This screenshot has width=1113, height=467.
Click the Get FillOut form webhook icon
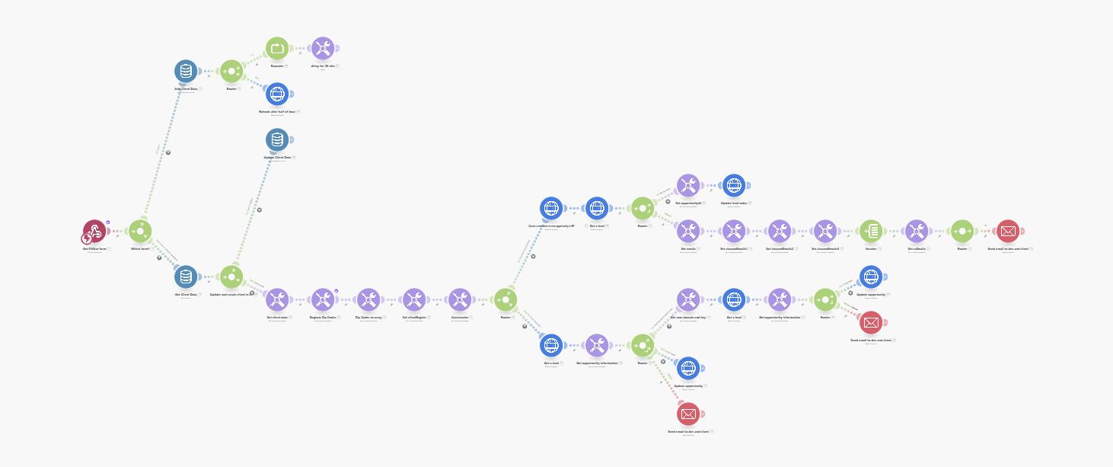(94, 231)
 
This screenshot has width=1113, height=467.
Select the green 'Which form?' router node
(140, 231)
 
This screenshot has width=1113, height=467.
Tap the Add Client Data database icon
(186, 71)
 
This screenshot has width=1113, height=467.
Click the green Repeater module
(277, 48)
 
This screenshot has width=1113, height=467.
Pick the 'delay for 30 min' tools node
(323, 48)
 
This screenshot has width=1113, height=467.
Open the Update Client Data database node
(277, 139)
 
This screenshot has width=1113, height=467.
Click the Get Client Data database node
(186, 277)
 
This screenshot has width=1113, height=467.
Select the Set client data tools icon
(277, 299)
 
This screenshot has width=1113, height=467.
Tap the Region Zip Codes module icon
(323, 299)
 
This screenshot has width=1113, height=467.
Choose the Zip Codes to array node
(368, 299)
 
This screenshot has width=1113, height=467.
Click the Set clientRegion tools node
(414, 299)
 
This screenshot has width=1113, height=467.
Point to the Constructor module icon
(460, 299)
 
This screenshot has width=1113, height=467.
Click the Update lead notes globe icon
(734, 185)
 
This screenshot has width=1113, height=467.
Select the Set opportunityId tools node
(688, 185)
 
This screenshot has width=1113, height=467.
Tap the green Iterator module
(871, 231)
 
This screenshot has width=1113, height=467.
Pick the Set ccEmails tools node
(917, 231)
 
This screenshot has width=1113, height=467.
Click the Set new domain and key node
(688, 299)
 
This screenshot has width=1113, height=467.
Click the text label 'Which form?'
(140, 248)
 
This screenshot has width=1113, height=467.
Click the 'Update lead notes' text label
(734, 203)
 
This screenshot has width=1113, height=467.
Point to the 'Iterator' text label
(871, 248)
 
